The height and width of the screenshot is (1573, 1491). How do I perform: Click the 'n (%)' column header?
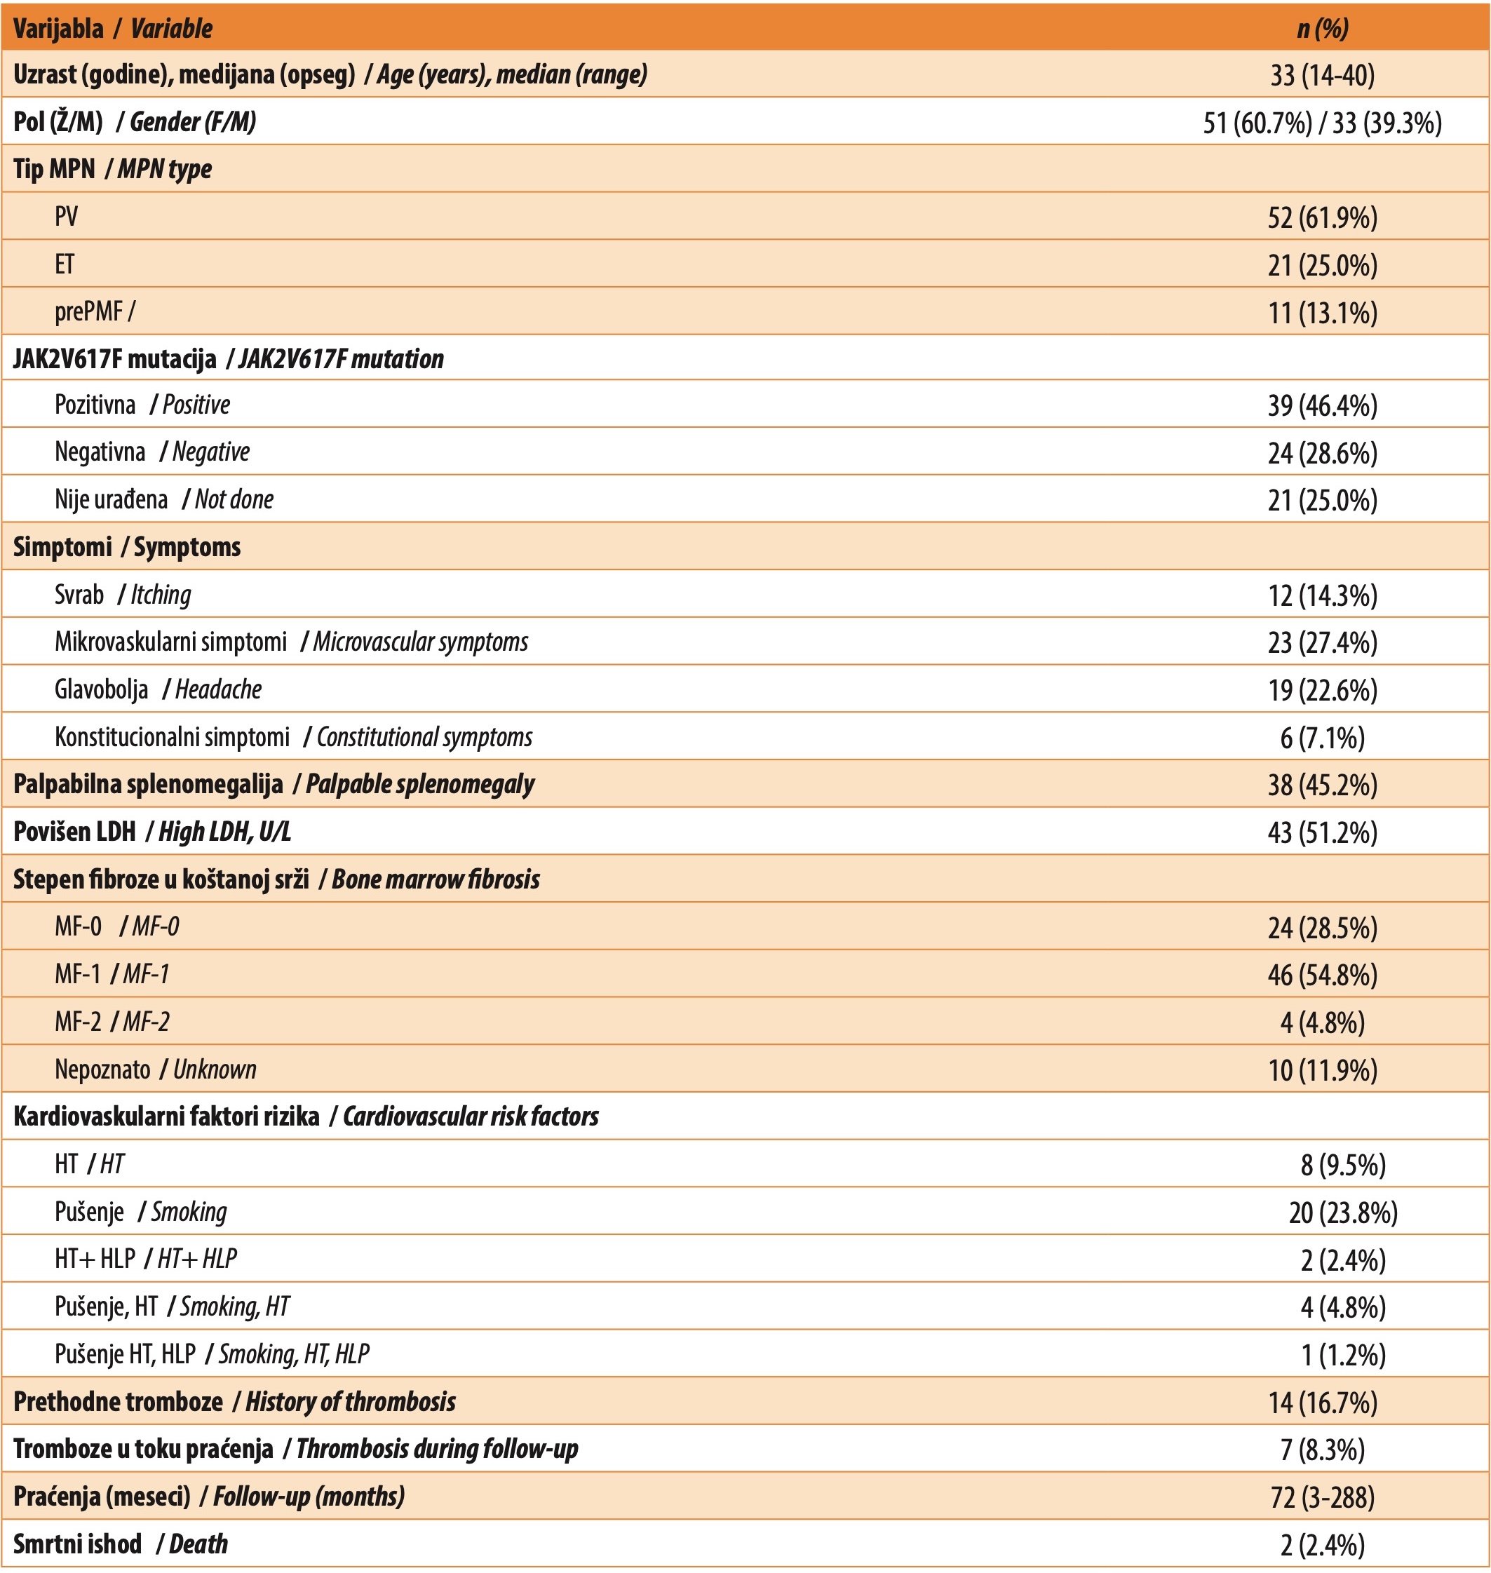pos(1323,29)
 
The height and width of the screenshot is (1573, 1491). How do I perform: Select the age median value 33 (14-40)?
pos(1323,75)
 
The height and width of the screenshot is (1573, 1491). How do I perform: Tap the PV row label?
pos(66,216)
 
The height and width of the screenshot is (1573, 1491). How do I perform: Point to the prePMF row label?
pos(89,311)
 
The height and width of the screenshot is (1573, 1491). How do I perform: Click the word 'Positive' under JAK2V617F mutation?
pos(196,405)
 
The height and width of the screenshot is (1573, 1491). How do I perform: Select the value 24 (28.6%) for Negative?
pos(1323,453)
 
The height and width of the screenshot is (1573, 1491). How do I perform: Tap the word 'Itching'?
pos(161,595)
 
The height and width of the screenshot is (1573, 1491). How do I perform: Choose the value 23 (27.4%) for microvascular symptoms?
pos(1323,642)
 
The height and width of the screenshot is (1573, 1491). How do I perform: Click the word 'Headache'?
pos(218,689)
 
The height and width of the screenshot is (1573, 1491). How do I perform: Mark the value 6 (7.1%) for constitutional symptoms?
pos(1323,738)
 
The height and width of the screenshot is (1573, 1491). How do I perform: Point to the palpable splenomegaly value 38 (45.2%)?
pos(1323,785)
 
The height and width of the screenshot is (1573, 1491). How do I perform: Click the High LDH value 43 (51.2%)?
pos(1323,832)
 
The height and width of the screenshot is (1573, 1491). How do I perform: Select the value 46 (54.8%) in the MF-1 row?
pos(1323,975)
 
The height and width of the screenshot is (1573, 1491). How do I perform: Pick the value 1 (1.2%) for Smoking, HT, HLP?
pos(1343,1354)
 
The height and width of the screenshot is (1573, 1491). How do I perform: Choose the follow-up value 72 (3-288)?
pos(1323,1497)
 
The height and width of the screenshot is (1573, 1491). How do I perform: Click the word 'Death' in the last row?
pos(198,1544)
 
